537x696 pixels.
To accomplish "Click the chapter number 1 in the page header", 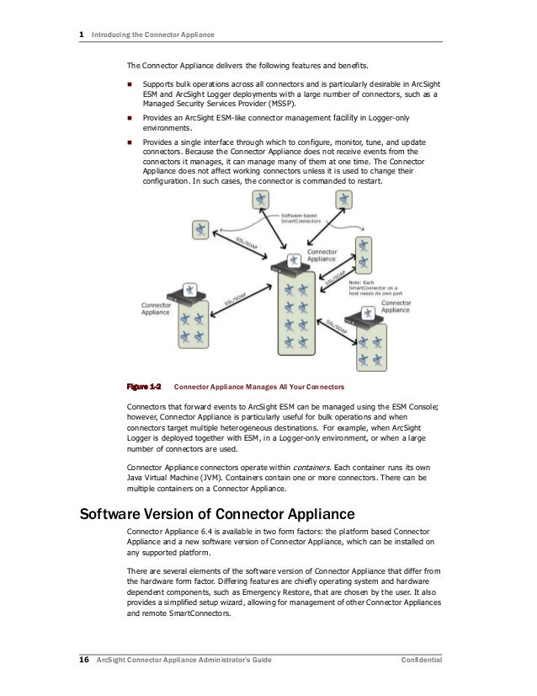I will click(81, 35).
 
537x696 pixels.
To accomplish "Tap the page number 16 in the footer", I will click(84, 659).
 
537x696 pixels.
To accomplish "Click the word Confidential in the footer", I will click(421, 659).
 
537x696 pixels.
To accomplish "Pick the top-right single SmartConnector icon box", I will click(343, 200).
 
